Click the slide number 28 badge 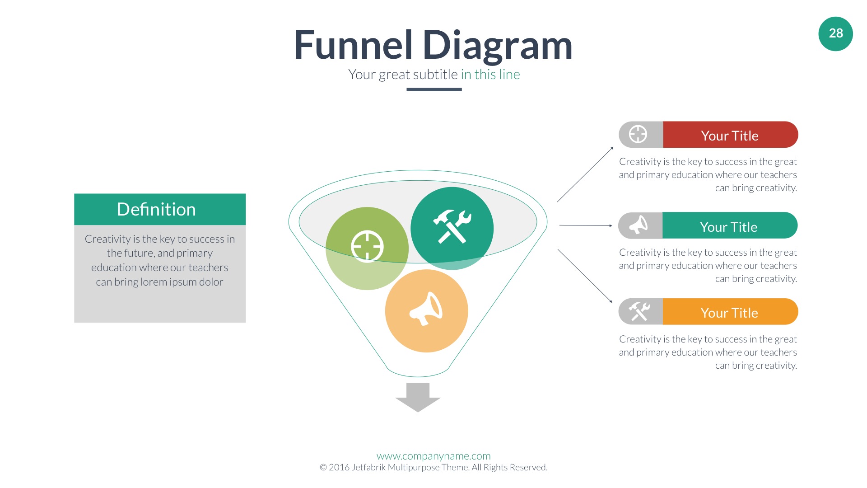click(835, 34)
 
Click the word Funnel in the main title click(353, 45)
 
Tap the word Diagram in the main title click(498, 46)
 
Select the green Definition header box click(160, 209)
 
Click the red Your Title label click(730, 135)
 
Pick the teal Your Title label click(729, 226)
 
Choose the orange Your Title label click(730, 312)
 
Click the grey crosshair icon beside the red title click(638, 134)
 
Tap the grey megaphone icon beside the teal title click(638, 225)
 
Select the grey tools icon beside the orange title click(639, 311)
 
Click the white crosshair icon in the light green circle click(367, 247)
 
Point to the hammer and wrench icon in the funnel click(452, 227)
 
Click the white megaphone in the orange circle click(426, 309)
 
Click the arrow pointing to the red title click(585, 174)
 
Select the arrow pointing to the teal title click(586, 225)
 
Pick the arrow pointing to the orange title click(585, 276)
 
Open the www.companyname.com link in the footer click(433, 456)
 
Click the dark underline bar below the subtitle click(434, 89)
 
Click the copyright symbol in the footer click(323, 468)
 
